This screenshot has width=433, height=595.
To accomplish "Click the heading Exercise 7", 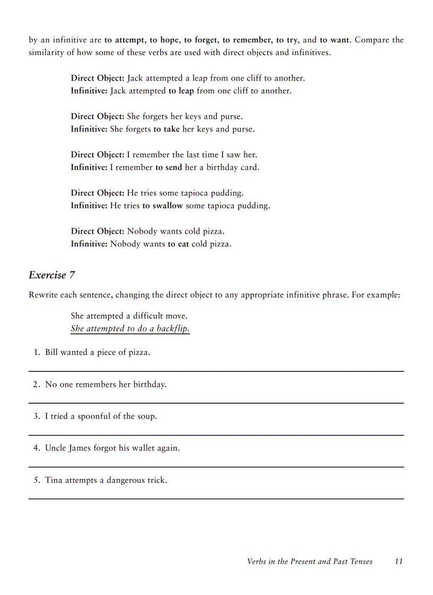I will [51, 275].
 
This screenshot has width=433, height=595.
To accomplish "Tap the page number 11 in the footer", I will [399, 562].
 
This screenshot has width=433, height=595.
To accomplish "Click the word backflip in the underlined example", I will [172, 328].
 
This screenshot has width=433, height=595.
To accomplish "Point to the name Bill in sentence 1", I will [51, 352].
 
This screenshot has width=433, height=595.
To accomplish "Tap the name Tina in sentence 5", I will [54, 481].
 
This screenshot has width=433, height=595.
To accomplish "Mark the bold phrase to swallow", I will [162, 206].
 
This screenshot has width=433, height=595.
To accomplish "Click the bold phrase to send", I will [169, 167].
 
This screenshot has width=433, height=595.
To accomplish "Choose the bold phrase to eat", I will [178, 244].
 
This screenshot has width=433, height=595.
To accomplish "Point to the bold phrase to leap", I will [181, 91].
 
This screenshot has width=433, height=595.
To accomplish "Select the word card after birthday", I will [250, 167].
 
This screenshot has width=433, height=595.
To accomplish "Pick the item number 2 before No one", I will [36, 385].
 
